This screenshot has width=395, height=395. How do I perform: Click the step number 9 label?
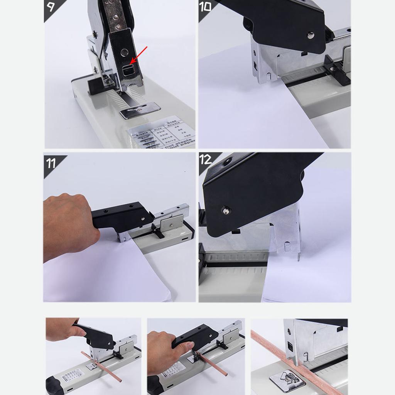[51, 6]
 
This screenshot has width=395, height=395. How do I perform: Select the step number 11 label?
[51, 163]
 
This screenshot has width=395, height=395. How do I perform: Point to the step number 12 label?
[206, 159]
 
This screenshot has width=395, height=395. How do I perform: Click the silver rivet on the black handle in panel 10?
[310, 35]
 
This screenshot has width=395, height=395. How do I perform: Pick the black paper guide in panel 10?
[336, 69]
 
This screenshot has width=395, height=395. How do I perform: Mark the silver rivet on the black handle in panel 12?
[226, 210]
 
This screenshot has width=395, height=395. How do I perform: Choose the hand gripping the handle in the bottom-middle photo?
[166, 353]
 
